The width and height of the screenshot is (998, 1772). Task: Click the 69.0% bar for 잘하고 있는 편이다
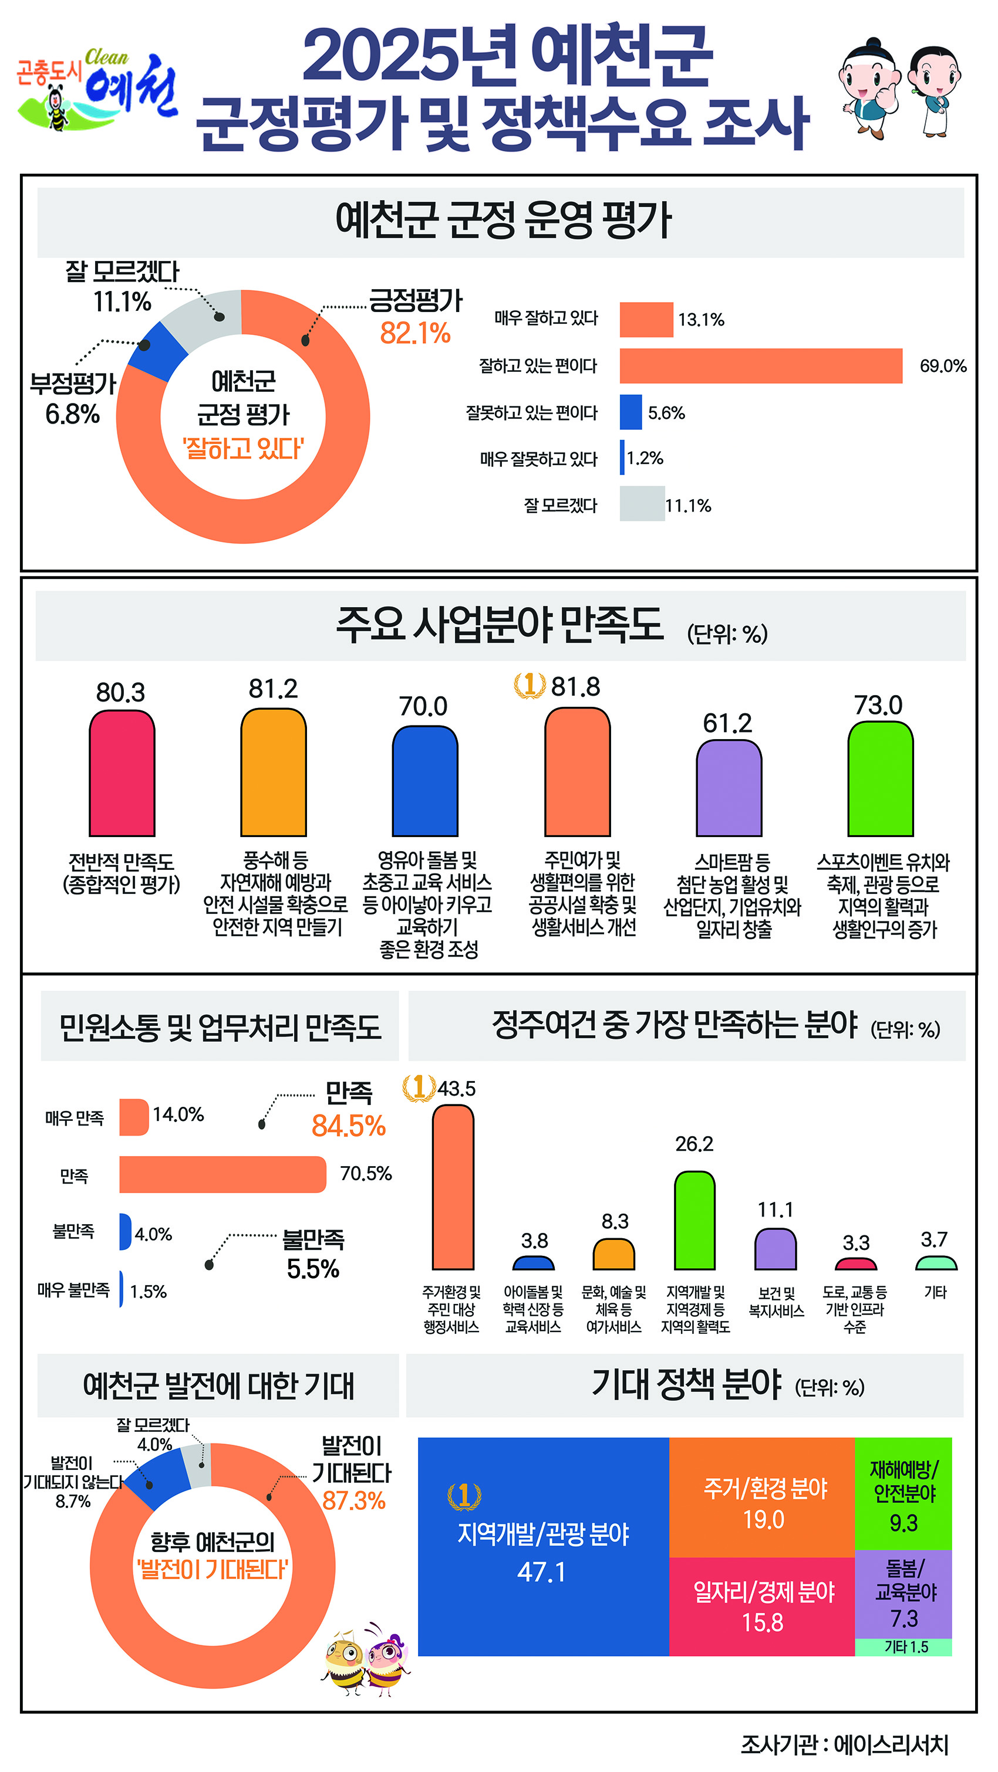761,365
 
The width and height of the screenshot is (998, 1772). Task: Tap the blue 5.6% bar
631,412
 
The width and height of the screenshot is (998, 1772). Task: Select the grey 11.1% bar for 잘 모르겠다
642,503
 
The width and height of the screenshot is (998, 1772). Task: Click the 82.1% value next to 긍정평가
415,334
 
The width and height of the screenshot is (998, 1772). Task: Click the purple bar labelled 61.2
729,788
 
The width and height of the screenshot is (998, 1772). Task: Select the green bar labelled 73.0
881,779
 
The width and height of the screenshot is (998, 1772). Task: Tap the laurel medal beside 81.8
530,685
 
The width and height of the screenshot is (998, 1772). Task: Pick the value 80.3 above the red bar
120,693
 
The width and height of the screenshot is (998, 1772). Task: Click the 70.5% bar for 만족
222,1174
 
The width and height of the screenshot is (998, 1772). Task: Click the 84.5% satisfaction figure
348,1126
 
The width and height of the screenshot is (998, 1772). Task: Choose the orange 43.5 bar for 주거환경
453,1187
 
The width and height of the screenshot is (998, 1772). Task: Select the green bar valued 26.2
694,1220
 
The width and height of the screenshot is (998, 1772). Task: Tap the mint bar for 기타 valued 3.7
936,1263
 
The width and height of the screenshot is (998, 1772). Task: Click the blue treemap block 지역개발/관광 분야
543,1546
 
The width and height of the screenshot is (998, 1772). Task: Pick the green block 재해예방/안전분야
903,1493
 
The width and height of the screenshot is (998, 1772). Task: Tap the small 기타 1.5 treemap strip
903,1647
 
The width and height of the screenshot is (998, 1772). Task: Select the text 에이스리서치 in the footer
891,1744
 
